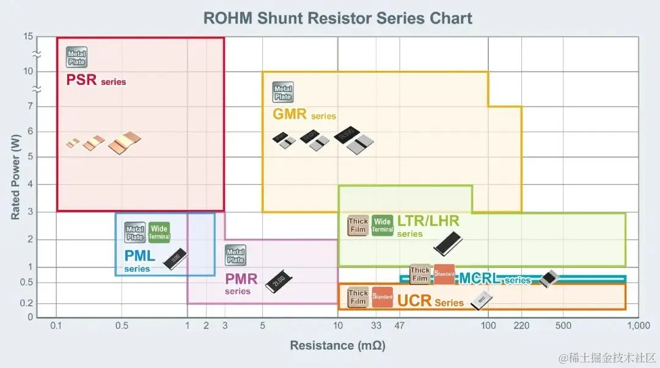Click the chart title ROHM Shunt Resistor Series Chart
tap(337, 18)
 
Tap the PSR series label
tap(96, 80)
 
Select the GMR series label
tap(304, 114)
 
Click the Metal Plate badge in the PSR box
tap(76, 57)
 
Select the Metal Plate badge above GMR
tap(283, 92)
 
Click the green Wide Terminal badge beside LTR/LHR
tap(383, 225)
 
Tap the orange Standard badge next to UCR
tap(383, 297)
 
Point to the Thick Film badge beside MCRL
tap(420, 274)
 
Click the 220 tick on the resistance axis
tap(521, 325)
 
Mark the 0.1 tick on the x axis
tap(57, 325)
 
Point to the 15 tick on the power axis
tap(28, 37)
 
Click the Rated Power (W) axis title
tap(15, 177)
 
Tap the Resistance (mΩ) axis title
tap(337, 345)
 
